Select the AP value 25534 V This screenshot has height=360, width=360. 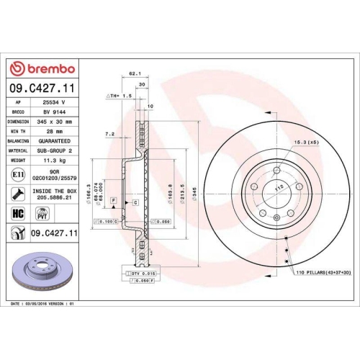click(x=55, y=103)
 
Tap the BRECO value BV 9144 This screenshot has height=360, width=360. click(x=55, y=113)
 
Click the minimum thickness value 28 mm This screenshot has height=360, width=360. click(x=55, y=132)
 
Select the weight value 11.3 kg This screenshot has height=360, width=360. click(x=55, y=161)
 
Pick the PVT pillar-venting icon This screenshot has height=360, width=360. click(x=42, y=214)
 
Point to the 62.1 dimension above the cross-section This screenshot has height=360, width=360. click(x=132, y=73)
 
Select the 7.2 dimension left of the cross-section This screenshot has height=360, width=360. click(x=109, y=134)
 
